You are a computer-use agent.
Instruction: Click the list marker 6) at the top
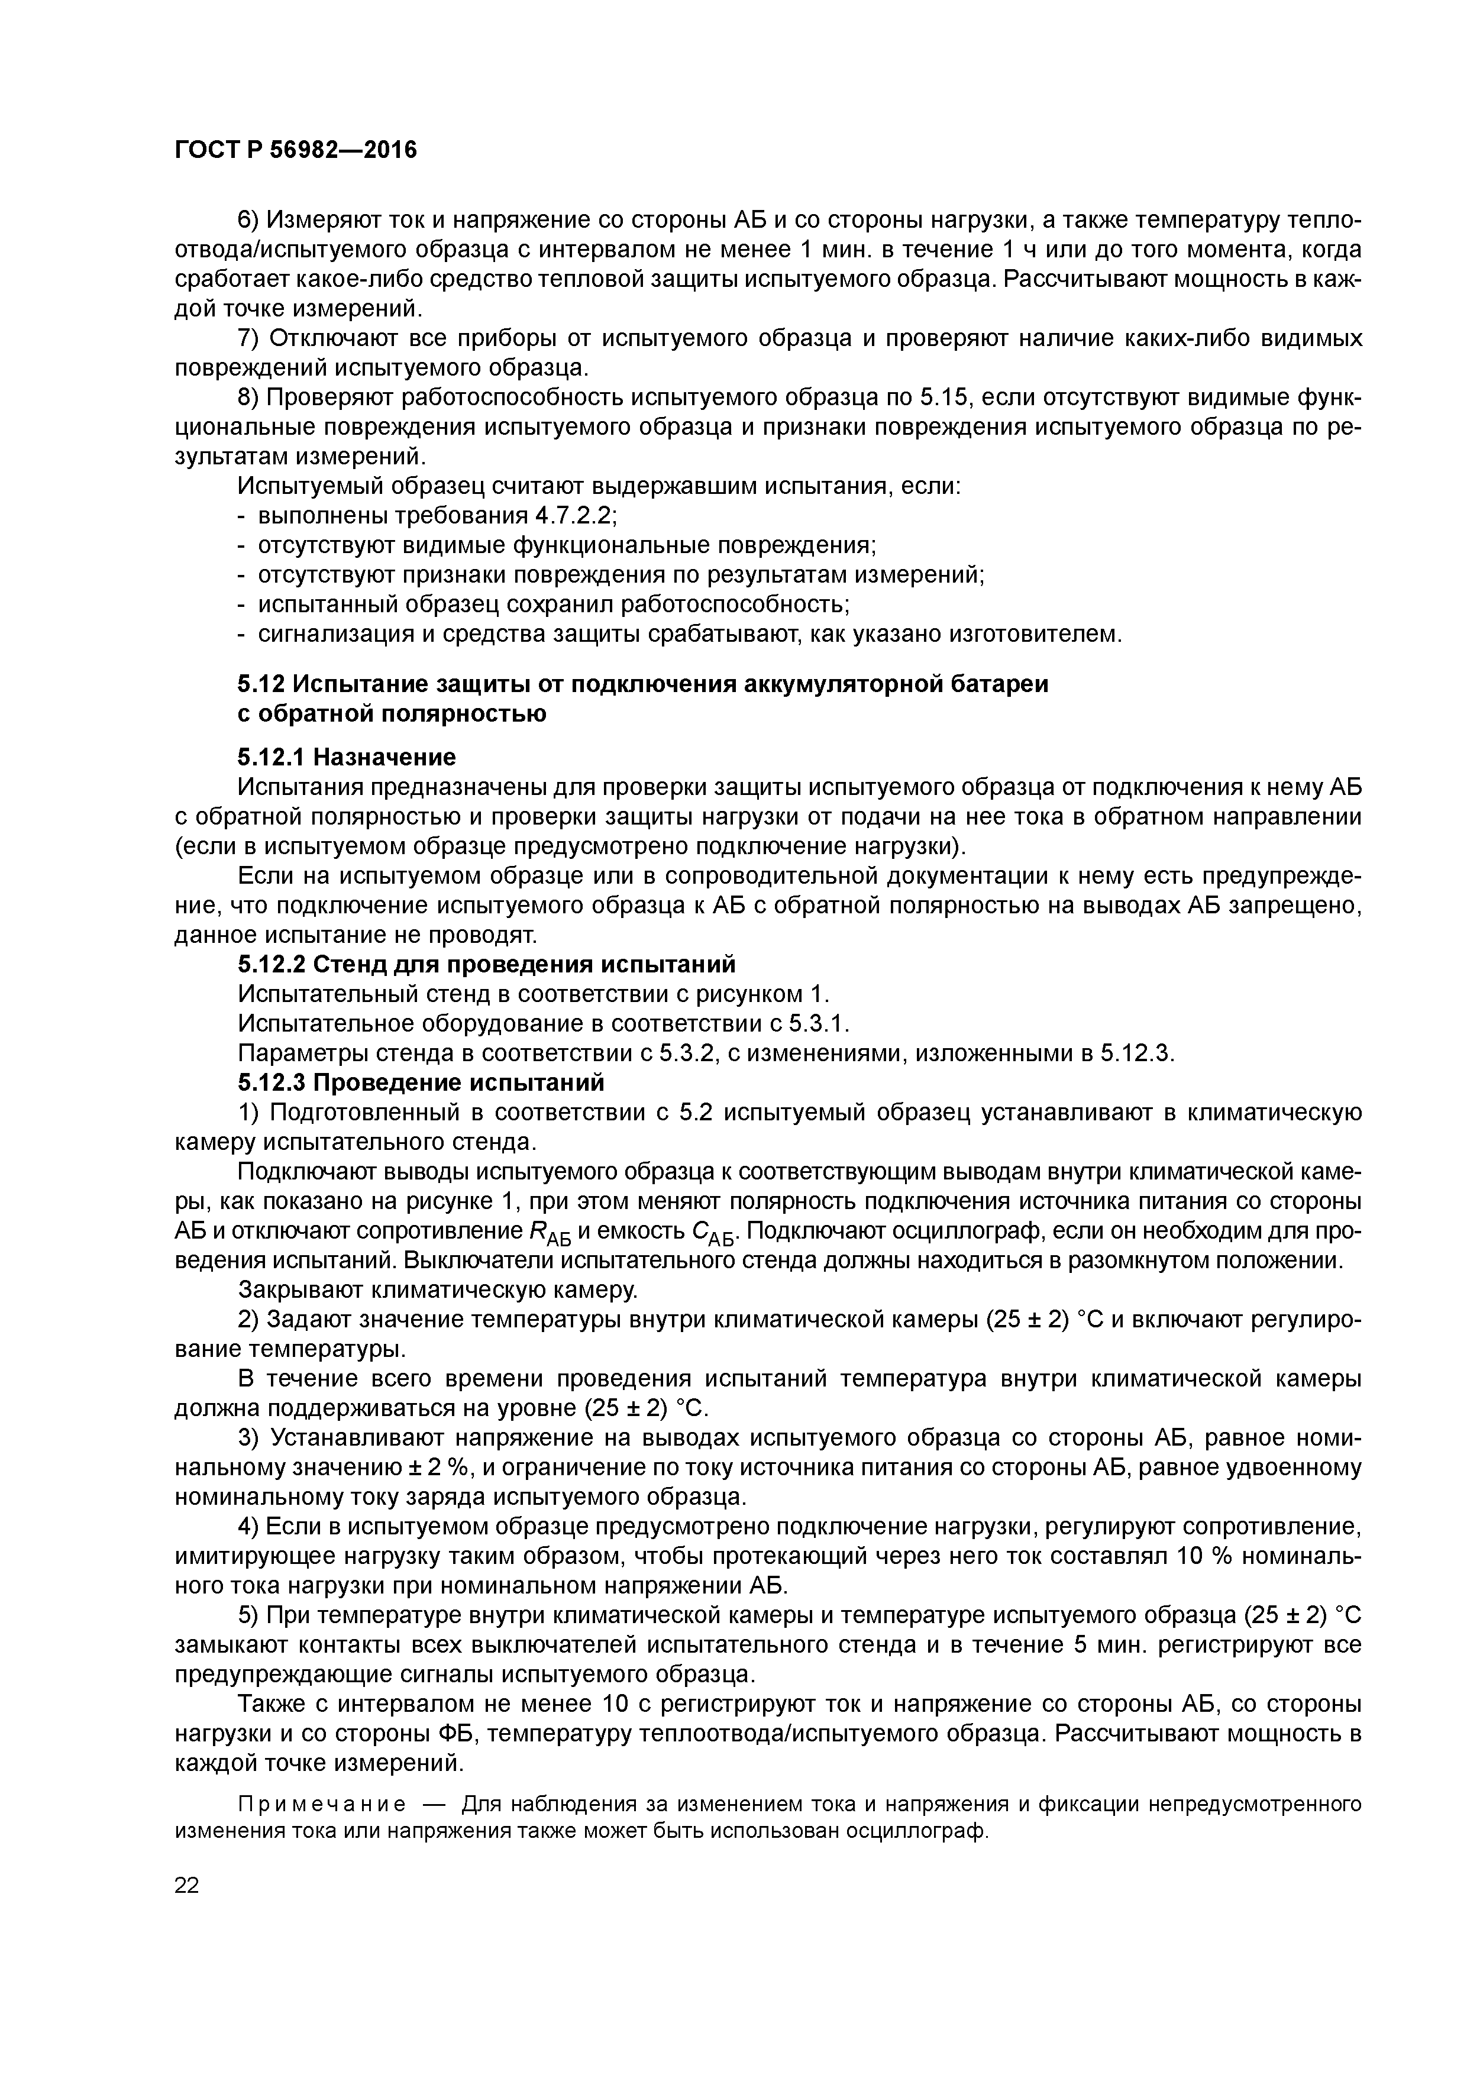pos(248,221)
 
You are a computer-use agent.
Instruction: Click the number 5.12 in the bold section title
pos(262,684)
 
